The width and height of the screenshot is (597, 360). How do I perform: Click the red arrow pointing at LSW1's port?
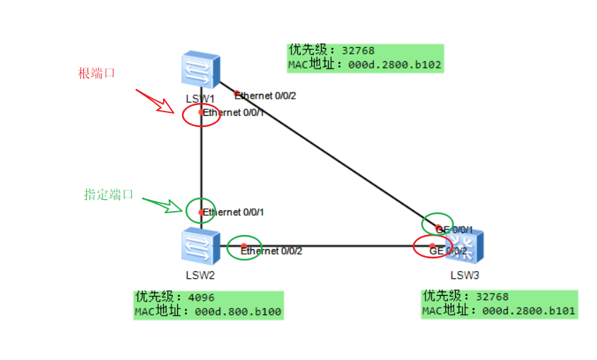pos(155,101)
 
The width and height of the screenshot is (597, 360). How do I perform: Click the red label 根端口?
pos(97,73)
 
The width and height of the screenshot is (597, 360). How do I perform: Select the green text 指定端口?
pos(109,195)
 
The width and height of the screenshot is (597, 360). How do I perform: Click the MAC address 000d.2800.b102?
pos(394,65)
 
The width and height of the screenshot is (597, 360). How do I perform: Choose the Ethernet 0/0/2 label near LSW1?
pos(266,95)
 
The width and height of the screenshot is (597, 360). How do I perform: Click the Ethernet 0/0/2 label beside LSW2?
pos(272,251)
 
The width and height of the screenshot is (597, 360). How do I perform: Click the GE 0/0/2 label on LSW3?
pos(449,251)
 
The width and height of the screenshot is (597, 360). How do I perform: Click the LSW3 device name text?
pos(465,275)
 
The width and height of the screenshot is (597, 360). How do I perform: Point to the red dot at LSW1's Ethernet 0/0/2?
pos(237,93)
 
